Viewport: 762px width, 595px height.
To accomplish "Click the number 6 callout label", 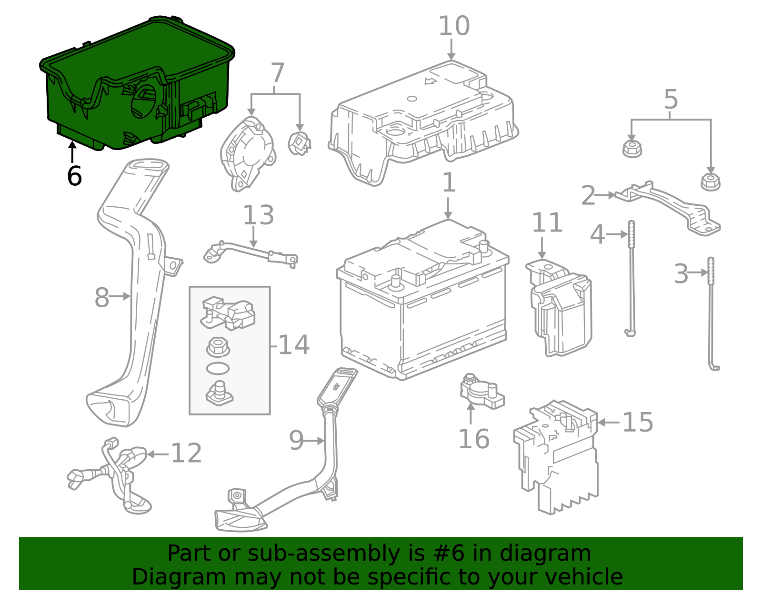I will tap(74, 176).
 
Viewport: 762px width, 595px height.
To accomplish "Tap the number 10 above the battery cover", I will tap(453, 26).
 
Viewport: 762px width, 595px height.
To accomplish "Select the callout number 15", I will tap(638, 422).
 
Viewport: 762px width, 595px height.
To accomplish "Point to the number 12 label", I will tap(186, 453).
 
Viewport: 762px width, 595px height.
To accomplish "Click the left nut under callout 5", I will tap(632, 148).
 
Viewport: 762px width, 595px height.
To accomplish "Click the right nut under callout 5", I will tap(710, 182).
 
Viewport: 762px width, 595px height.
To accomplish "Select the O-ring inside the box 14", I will tap(218, 368).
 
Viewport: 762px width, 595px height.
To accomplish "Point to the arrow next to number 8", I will tap(120, 296).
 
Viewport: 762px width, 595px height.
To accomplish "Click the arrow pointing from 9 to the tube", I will tap(314, 441).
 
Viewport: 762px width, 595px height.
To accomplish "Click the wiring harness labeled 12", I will tap(114, 476).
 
